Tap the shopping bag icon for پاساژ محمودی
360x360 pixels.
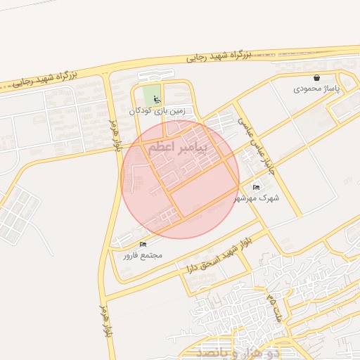click(317, 78)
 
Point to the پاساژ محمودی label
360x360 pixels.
click(317, 90)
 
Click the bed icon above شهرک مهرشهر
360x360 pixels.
click(256, 187)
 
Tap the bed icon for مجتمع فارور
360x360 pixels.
click(143, 244)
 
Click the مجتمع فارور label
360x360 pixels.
click(143, 255)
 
